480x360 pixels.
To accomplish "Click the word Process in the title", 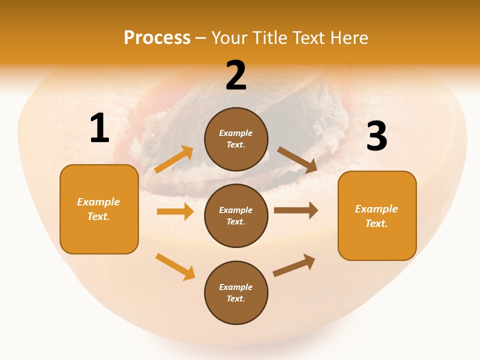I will pyautogui.click(x=157, y=38).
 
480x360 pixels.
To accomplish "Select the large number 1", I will pyautogui.click(x=99, y=129).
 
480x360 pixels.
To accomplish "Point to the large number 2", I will pyautogui.click(x=236, y=76).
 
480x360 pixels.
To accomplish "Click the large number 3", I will pyautogui.click(x=376, y=137).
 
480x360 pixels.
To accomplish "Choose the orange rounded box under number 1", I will pyautogui.click(x=99, y=209).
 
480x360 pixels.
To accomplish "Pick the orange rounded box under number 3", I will pyautogui.click(x=377, y=216).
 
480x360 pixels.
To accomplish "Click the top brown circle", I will pyautogui.click(x=236, y=139).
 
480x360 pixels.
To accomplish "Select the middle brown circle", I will pyautogui.click(x=236, y=216).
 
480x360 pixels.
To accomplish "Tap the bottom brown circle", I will pyautogui.click(x=236, y=293).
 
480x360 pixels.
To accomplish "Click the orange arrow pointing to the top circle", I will pyautogui.click(x=174, y=159).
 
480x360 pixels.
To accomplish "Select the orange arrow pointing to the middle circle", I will pyautogui.click(x=175, y=211).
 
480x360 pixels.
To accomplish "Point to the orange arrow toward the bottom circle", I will pyautogui.click(x=175, y=266).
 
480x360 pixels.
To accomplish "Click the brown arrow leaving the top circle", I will pyautogui.click(x=297, y=160).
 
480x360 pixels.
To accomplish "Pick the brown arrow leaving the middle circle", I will pyautogui.click(x=296, y=210).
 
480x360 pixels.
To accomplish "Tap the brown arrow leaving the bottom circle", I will pyautogui.click(x=294, y=265).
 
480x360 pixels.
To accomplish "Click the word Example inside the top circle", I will pyautogui.click(x=236, y=133).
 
